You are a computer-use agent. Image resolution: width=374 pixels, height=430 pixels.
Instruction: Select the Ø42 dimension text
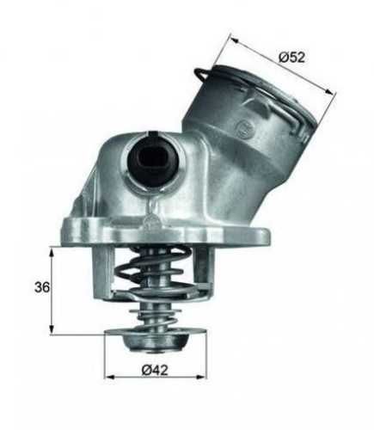156,372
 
